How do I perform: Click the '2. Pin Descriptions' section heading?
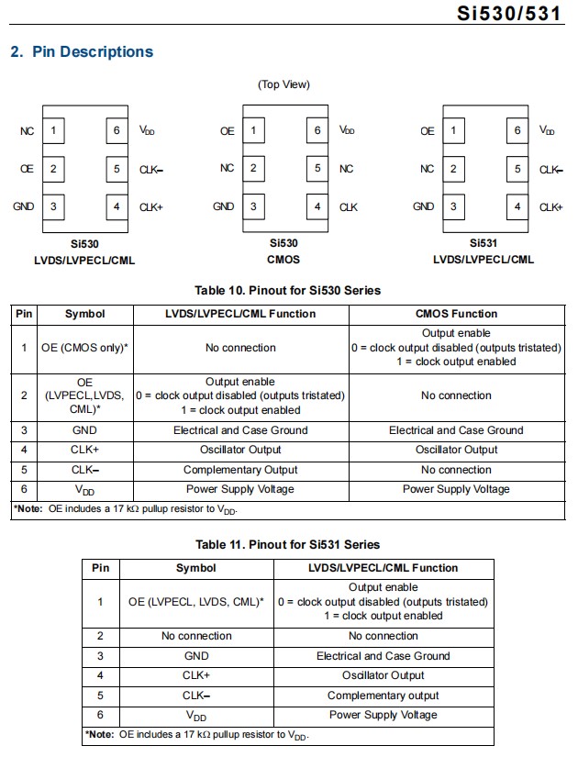click(x=82, y=51)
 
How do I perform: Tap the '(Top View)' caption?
click(x=284, y=84)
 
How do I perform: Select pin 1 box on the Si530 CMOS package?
click(x=253, y=131)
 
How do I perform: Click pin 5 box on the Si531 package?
click(x=517, y=169)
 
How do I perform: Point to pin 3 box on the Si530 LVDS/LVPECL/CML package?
click(x=53, y=206)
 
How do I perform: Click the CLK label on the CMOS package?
click(x=349, y=207)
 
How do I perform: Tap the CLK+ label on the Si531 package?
click(x=551, y=207)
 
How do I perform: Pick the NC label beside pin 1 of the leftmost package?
click(x=27, y=131)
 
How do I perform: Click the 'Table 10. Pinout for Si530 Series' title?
click(x=288, y=291)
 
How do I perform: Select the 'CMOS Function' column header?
click(x=456, y=314)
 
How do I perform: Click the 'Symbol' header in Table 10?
click(x=85, y=314)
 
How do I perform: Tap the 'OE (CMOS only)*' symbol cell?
click(x=85, y=348)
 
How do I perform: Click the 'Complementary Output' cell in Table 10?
click(x=240, y=470)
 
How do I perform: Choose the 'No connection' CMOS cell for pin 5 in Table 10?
click(x=456, y=470)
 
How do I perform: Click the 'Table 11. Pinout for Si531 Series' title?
click(x=288, y=545)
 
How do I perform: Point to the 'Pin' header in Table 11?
click(x=101, y=568)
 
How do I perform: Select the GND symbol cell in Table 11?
click(x=196, y=656)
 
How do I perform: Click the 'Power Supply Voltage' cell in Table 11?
click(x=383, y=715)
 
